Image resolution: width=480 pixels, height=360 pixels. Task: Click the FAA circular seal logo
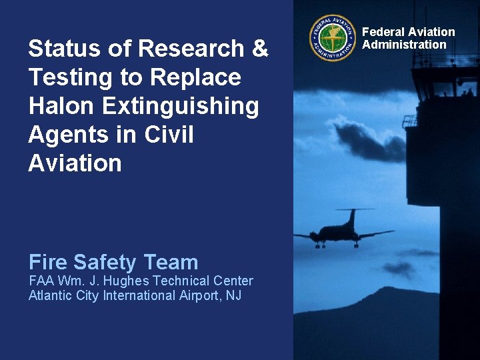click(x=333, y=38)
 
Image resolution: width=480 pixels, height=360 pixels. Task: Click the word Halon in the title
click(x=61, y=106)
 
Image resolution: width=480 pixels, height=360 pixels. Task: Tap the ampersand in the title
click(x=261, y=49)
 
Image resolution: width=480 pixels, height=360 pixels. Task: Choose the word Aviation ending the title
click(x=75, y=163)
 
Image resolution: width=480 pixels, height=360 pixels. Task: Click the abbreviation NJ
click(x=233, y=295)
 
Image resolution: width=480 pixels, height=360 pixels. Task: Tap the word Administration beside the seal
click(x=404, y=45)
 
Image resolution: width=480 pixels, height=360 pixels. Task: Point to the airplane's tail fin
click(x=351, y=216)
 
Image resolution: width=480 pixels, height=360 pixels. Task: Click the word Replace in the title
click(x=196, y=78)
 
